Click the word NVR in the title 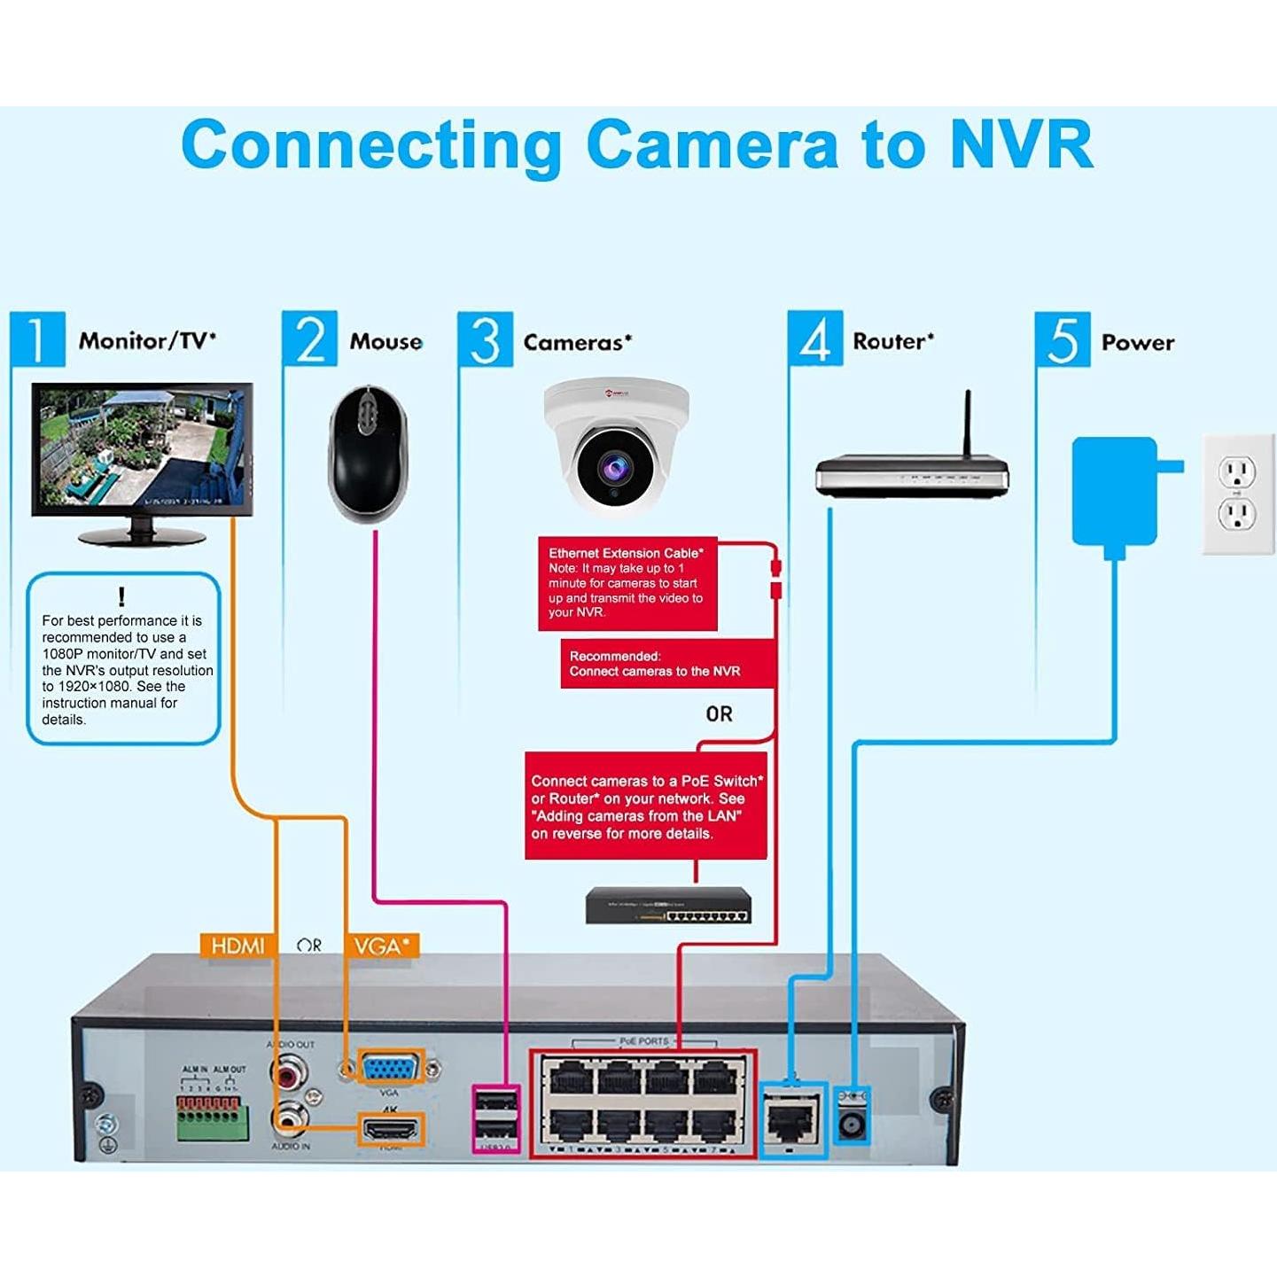click(x=1021, y=144)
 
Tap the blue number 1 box click(x=37, y=339)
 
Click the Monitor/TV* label click(x=147, y=341)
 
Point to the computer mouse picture click(x=369, y=454)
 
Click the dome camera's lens click(x=614, y=467)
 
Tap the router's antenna click(x=968, y=423)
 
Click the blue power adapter click(x=1115, y=492)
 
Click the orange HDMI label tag click(x=237, y=946)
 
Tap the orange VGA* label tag click(x=381, y=946)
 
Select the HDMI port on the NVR click(x=390, y=1130)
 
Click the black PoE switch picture click(x=668, y=906)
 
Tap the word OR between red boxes click(x=719, y=714)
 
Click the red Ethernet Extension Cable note click(x=627, y=582)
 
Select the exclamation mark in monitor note click(x=121, y=596)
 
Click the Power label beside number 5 click(x=1137, y=342)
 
